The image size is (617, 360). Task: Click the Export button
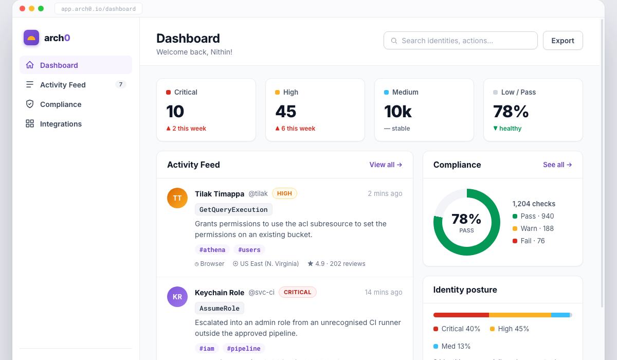(562, 41)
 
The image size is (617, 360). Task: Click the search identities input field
(461, 41)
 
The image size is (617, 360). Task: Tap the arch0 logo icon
(31, 38)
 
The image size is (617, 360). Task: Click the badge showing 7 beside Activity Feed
(121, 84)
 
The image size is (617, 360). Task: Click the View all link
(386, 165)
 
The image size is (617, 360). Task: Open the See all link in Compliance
(557, 165)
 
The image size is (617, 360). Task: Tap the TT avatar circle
(177, 198)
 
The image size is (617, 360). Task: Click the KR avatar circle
(177, 297)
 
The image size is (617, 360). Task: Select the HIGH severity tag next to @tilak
(284, 193)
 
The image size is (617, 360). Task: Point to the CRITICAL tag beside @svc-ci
(298, 292)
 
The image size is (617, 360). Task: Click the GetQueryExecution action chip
(233, 209)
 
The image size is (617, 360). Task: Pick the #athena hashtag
(212, 249)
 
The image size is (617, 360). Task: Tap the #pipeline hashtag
(244, 348)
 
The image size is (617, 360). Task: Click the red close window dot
(23, 9)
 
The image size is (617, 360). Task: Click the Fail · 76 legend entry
(529, 241)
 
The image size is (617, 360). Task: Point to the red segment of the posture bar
(461, 315)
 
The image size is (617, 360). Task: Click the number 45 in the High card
(286, 112)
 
